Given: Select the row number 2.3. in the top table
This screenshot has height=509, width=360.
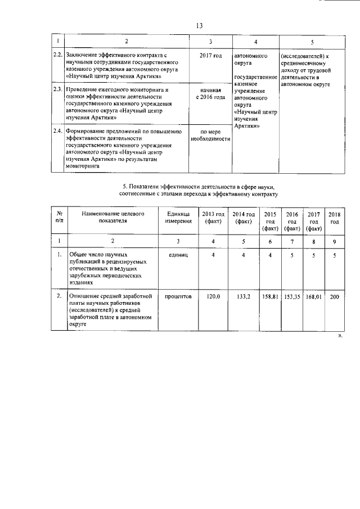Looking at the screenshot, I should point(57,89).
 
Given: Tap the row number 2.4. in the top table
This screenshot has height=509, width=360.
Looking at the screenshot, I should point(57,131).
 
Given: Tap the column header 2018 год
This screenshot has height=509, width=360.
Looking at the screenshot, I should point(334,218).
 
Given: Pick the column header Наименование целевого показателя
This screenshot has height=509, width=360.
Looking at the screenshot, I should point(113,218).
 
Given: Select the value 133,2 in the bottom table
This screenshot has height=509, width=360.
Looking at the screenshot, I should point(244,295).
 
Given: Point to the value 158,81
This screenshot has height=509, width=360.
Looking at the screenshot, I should point(272,295).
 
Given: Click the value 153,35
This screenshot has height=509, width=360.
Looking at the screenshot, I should point(292,295).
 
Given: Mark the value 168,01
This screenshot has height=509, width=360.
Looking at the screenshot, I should point(313,295).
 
